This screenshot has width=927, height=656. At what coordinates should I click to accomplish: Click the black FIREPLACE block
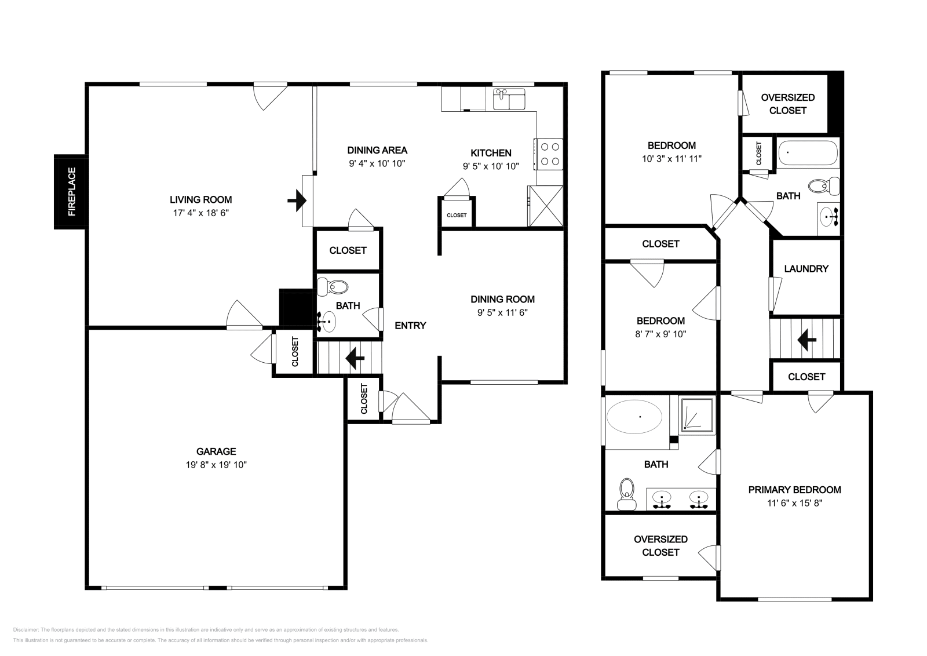[71, 192]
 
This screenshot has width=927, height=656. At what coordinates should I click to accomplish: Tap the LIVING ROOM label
[200, 199]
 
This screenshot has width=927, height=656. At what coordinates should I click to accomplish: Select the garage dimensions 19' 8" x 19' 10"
[216, 465]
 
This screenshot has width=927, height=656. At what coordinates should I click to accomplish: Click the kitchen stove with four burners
[549, 154]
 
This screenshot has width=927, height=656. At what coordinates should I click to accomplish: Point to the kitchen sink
[509, 99]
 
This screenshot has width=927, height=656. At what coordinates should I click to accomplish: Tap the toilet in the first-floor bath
[333, 286]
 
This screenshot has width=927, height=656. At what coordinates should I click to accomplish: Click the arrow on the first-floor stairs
[355, 358]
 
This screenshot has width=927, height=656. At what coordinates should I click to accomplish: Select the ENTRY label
[410, 326]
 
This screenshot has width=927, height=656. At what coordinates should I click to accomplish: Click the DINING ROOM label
[502, 299]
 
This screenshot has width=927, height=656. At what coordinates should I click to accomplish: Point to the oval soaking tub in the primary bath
[634, 417]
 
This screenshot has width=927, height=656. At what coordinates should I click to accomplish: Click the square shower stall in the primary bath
[698, 416]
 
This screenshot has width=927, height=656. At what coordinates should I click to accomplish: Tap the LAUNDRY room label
[806, 269]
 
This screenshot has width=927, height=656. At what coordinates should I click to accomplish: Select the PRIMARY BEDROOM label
[794, 490]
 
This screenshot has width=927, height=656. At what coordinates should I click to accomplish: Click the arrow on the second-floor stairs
[806, 340]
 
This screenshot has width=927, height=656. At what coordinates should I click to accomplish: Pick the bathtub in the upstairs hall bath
[808, 153]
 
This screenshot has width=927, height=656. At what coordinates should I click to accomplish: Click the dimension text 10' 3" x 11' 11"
[671, 159]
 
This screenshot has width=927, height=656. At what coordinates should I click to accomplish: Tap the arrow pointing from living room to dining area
[297, 201]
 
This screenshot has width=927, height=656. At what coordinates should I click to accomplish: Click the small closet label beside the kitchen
[457, 215]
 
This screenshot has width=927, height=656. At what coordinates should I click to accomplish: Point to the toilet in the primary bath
[626, 494]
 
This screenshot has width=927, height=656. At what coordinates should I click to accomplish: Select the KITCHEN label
[491, 153]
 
